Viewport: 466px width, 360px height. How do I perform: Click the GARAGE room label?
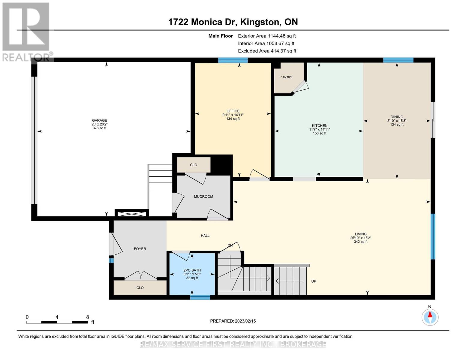[100, 121]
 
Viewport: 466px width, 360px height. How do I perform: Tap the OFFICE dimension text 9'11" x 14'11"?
[233, 115]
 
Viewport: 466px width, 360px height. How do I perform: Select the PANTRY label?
[286, 77]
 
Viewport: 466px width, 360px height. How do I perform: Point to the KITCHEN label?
[320, 126]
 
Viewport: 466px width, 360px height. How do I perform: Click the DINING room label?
[397, 117]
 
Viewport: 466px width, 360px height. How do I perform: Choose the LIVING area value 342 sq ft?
[361, 241]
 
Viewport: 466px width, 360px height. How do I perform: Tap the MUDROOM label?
[203, 196]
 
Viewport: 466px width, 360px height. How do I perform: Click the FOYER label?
[140, 249]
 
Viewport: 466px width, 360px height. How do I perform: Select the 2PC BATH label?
[192, 270]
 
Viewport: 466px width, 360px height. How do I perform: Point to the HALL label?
[205, 235]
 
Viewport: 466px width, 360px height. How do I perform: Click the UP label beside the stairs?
[314, 281]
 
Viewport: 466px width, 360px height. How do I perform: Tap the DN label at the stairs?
[230, 245]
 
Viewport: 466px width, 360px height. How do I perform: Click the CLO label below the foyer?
[140, 288]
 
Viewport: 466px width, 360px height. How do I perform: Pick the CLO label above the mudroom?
[194, 165]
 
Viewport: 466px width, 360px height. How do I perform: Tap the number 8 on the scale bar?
[88, 317]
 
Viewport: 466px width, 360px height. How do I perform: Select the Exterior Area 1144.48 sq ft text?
[267, 36]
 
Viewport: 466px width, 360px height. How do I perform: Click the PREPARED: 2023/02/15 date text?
[233, 321]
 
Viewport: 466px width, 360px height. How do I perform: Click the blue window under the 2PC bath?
[200, 297]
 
